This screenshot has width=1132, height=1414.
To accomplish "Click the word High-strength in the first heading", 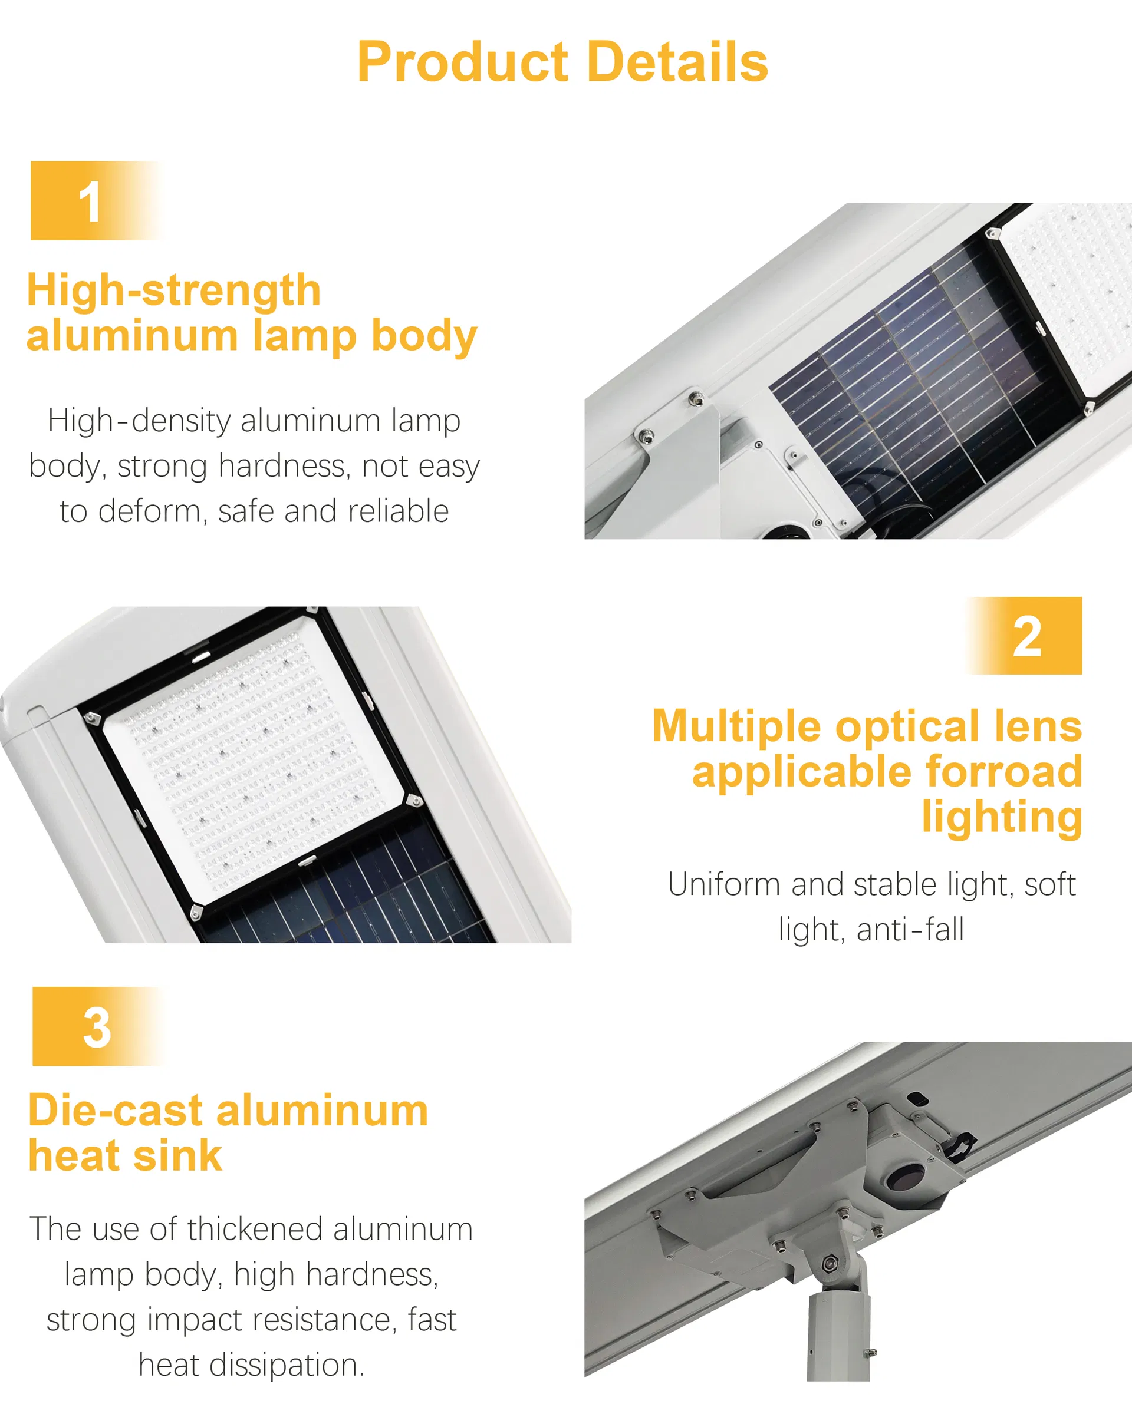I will click(173, 290).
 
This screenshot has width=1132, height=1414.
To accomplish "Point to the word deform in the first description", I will click(149, 511).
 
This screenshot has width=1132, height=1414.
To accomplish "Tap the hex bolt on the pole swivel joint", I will click(828, 1261).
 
